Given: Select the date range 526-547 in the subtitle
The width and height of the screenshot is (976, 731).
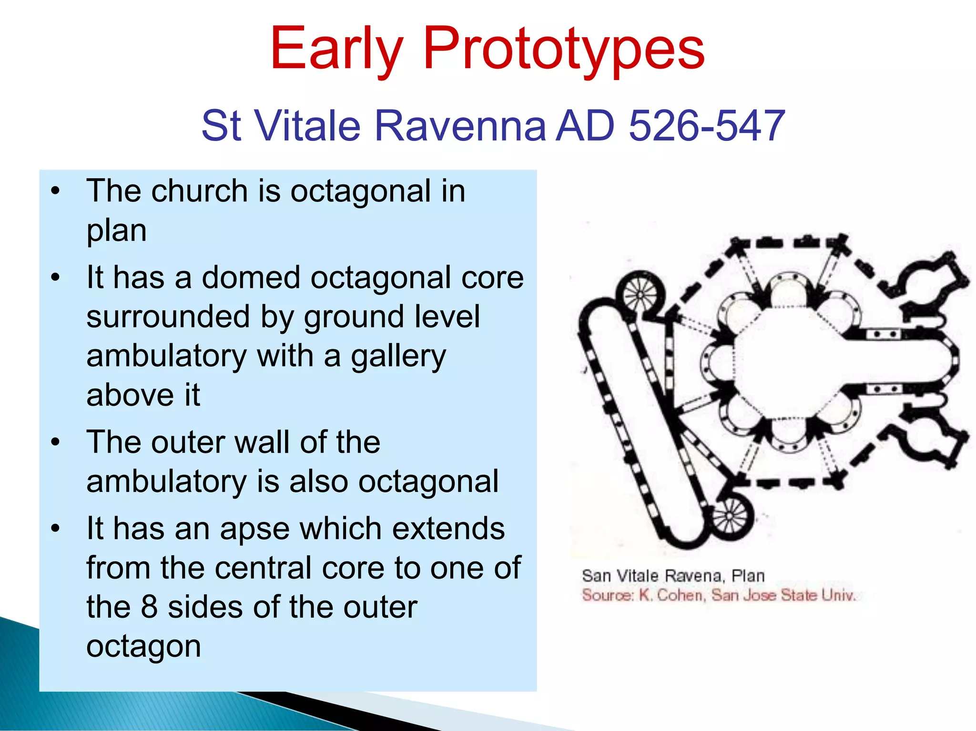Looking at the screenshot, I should click(707, 126).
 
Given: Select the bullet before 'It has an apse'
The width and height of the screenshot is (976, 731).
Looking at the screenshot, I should click(56, 529).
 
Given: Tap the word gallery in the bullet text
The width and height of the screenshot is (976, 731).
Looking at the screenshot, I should click(398, 356).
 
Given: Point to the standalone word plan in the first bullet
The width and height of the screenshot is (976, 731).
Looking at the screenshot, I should click(116, 231).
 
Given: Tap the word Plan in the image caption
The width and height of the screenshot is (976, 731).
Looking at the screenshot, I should click(748, 576).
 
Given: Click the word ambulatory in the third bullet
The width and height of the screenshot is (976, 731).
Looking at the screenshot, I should click(167, 481).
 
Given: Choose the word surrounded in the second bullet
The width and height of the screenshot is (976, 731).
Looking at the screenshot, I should click(168, 317).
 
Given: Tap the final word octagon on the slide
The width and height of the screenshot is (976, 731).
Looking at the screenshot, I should click(143, 646).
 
